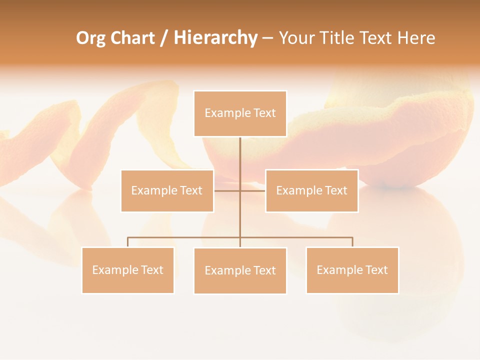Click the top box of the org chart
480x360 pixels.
[240, 113]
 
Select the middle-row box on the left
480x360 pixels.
[167, 190]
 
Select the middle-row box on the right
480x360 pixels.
[311, 190]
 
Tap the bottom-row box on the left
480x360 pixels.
[127, 270]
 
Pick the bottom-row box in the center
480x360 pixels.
[240, 270]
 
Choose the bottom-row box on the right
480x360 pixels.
[352, 270]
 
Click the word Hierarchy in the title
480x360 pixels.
[215, 38]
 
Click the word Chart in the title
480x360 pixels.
[132, 38]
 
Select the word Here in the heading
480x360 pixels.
[416, 38]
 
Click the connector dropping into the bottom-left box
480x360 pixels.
[127, 242]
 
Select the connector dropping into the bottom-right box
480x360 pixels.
[352, 242]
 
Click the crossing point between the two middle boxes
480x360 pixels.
[240, 190]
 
